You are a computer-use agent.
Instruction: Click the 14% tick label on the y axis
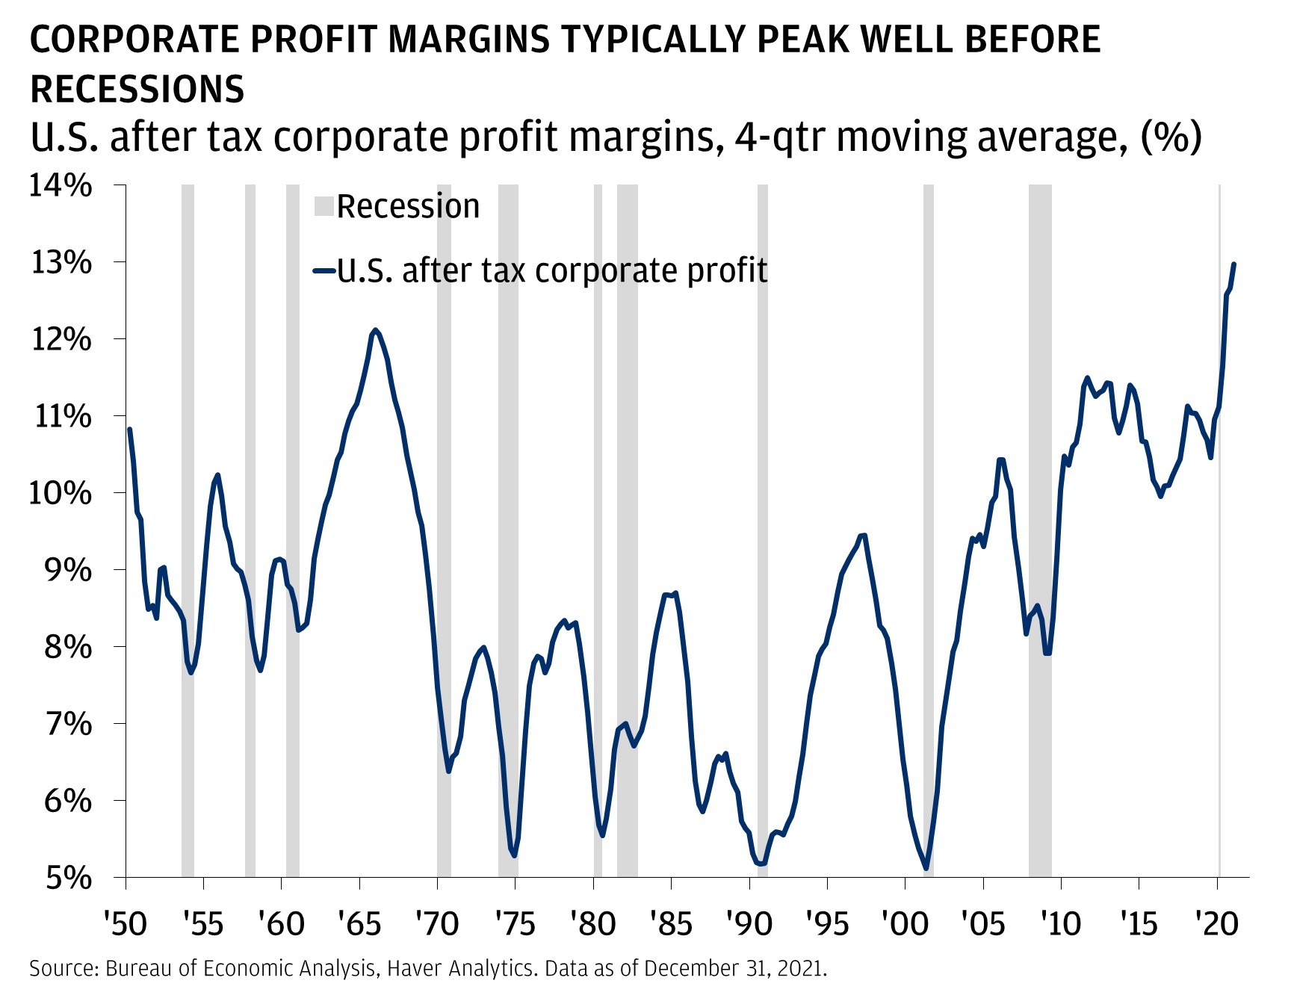(61, 186)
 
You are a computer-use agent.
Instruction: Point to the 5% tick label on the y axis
(69, 878)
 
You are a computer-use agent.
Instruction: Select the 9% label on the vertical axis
(69, 571)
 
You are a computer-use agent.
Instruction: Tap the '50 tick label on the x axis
(126, 924)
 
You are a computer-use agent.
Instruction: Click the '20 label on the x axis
(1217, 924)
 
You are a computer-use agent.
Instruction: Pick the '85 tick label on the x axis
(671, 924)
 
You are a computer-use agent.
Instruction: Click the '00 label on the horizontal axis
(905, 924)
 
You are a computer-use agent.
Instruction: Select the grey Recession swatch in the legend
(323, 206)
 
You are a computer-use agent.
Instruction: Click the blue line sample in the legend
(323, 271)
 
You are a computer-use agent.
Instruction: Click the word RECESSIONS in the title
(137, 89)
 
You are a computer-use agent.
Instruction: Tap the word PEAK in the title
(797, 40)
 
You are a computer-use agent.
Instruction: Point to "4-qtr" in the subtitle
(781, 137)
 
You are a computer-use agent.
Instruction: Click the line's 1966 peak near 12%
(376, 329)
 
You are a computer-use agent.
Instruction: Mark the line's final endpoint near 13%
(1233, 264)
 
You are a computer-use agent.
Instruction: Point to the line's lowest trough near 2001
(926, 868)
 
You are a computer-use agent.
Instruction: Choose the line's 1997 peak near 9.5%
(864, 535)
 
